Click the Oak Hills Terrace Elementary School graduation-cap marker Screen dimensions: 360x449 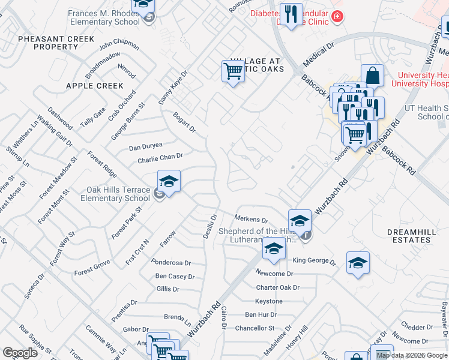(169, 182)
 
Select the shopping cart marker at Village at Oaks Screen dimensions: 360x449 (233, 72)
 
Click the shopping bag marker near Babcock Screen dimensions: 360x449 (372, 76)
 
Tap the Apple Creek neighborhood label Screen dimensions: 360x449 (94, 86)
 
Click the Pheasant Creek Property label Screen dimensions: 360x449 (56, 43)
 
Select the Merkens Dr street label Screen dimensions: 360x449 (250, 220)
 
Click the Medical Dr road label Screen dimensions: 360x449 (318, 55)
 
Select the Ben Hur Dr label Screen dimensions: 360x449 (261, 314)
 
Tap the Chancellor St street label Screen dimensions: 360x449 (255, 328)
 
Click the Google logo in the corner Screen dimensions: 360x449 (20, 353)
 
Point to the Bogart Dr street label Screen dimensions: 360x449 (184, 121)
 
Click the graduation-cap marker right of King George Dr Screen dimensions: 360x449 (358, 263)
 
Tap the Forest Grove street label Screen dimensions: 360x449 (92, 268)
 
